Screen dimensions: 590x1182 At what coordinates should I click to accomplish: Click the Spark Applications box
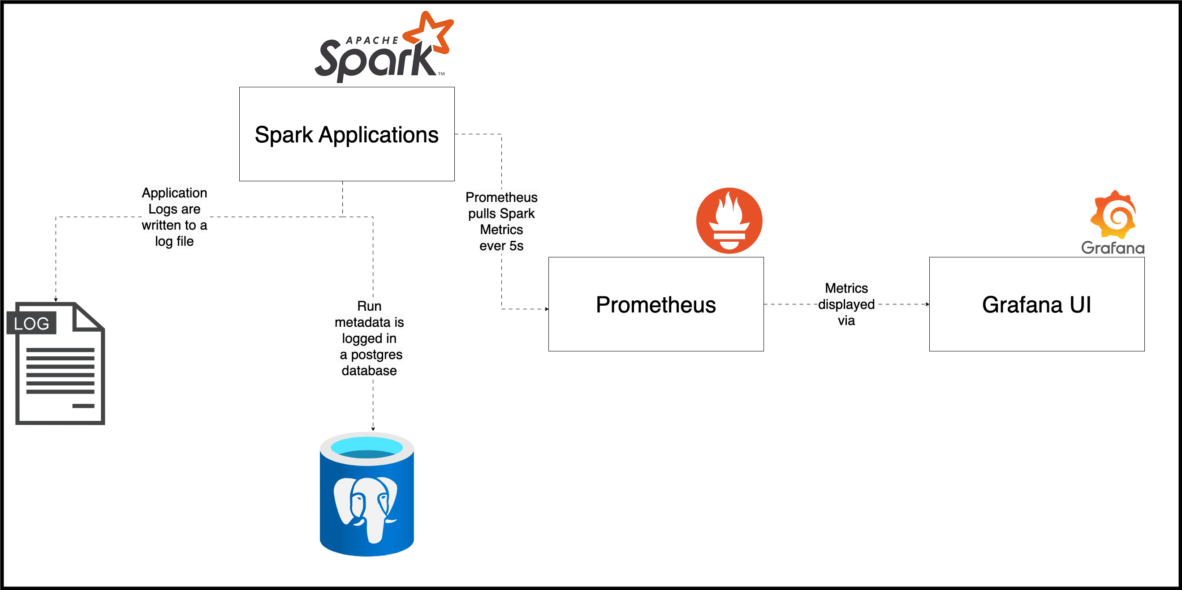pyautogui.click(x=346, y=134)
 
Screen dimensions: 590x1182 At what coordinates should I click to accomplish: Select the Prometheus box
pyautogui.click(x=656, y=304)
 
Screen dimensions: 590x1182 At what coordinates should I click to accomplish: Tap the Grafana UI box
pyautogui.click(x=1036, y=304)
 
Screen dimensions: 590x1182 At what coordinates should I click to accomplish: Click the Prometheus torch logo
pyautogui.click(x=729, y=221)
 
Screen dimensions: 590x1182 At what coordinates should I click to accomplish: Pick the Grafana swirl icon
pyautogui.click(x=1113, y=214)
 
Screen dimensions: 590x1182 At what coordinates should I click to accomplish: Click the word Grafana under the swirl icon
pyautogui.click(x=1113, y=248)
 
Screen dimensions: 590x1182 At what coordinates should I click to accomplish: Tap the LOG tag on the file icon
pyautogui.click(x=31, y=323)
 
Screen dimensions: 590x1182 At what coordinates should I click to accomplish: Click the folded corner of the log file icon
pyautogui.click(x=87, y=317)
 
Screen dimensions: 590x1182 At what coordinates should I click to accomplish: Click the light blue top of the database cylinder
pyautogui.click(x=367, y=447)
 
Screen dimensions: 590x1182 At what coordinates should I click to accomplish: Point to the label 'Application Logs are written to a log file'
pyautogui.click(x=174, y=217)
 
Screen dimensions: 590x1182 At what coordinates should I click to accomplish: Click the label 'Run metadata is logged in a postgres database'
pyautogui.click(x=369, y=338)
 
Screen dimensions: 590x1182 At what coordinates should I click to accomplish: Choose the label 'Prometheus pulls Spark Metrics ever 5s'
pyautogui.click(x=501, y=222)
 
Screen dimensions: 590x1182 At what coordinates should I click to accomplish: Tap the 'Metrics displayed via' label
pyautogui.click(x=846, y=304)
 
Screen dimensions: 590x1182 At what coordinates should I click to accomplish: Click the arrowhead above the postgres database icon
pyautogui.click(x=373, y=429)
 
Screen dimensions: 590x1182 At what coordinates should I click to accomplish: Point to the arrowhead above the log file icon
pyautogui.click(x=56, y=299)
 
